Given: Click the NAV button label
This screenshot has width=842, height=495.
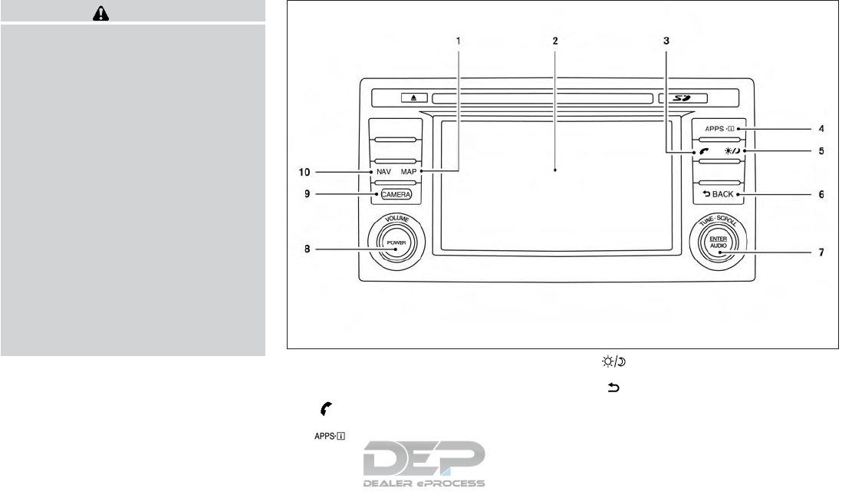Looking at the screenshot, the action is [383, 172].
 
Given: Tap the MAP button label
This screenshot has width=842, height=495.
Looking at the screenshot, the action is [409, 172].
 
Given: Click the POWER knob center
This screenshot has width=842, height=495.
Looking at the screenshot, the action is [396, 243].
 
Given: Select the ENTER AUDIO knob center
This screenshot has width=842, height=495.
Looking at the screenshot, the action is [718, 243].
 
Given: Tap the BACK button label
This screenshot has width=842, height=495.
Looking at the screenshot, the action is [718, 194].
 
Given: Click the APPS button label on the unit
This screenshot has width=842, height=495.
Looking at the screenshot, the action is [720, 128].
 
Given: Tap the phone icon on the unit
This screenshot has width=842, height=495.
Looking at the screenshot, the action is [705, 151].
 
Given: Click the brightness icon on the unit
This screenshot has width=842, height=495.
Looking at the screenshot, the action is [732, 151].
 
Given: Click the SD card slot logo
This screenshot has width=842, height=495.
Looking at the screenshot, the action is [682, 98].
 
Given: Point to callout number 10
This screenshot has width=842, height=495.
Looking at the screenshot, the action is [304, 172].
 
